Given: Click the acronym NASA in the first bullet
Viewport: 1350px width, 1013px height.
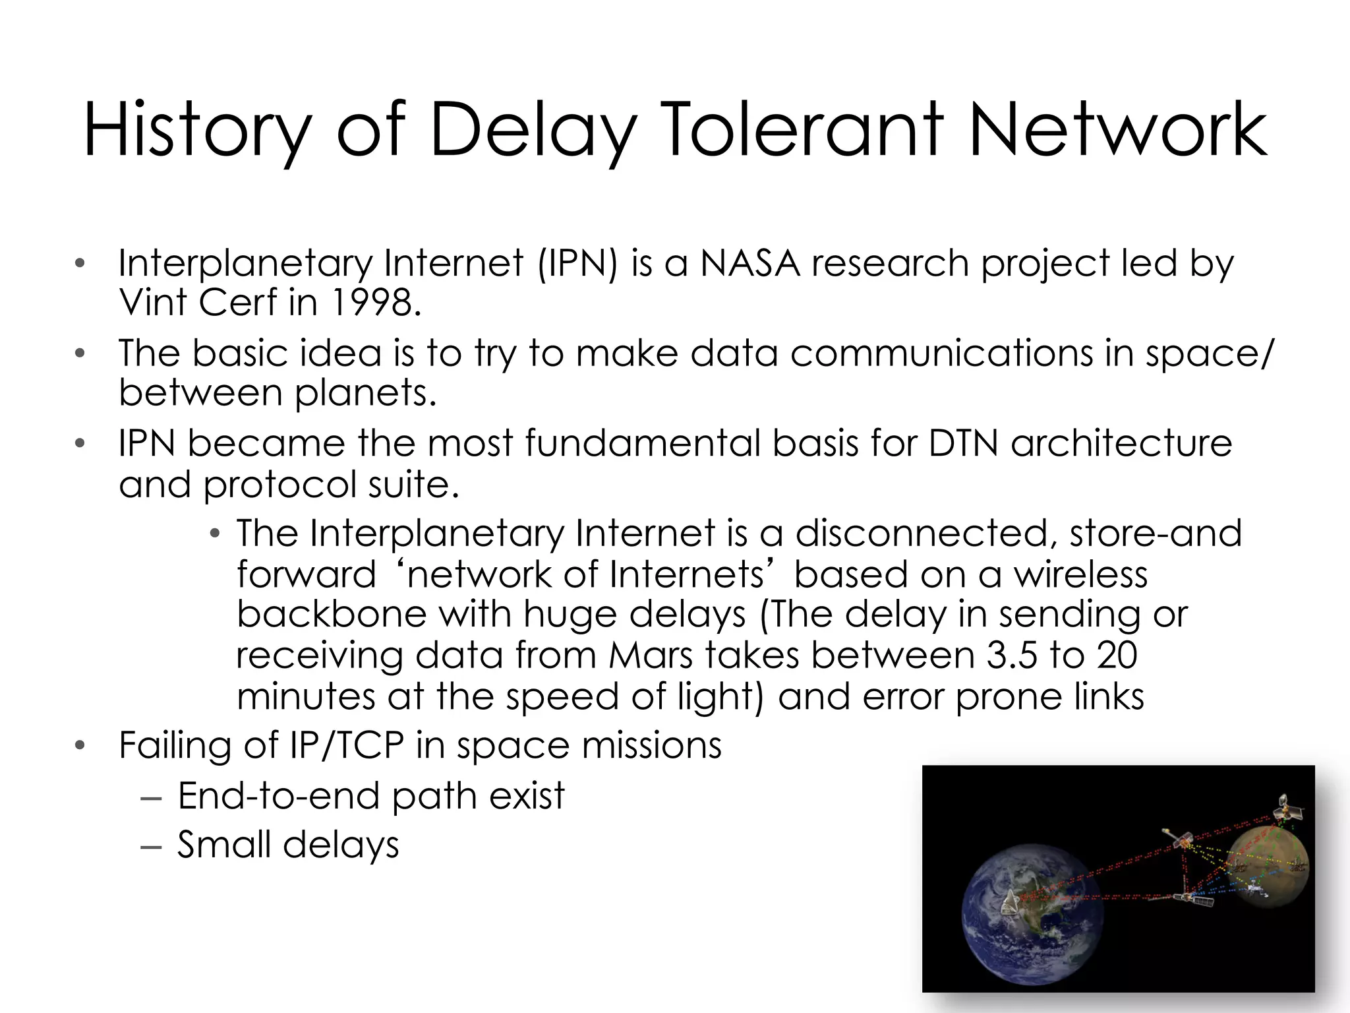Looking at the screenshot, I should tap(749, 263).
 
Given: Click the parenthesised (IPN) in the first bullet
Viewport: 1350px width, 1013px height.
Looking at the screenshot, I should tap(578, 263).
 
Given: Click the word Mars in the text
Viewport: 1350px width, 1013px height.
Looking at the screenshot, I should tap(651, 656).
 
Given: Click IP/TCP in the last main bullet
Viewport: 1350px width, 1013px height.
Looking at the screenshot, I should tap(346, 746).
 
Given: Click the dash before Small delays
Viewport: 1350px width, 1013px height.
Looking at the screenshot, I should tap(151, 846).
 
